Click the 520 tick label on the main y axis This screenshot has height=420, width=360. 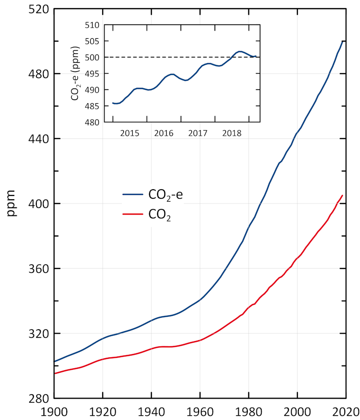[38, 9]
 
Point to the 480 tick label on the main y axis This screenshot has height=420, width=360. [38, 74]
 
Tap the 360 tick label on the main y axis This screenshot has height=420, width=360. [38, 269]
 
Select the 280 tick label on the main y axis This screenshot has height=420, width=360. [38, 398]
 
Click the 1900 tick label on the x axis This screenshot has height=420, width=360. [54, 411]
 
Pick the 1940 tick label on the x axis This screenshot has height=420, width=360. [151, 411]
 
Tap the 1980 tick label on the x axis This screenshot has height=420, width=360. [248, 411]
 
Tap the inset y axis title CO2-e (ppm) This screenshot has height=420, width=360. [75, 74]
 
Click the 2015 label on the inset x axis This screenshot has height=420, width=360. [129, 132]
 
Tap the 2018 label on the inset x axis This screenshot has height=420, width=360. [231, 132]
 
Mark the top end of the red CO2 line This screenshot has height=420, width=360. [342, 195]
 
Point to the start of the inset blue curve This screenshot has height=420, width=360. [113, 103]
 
